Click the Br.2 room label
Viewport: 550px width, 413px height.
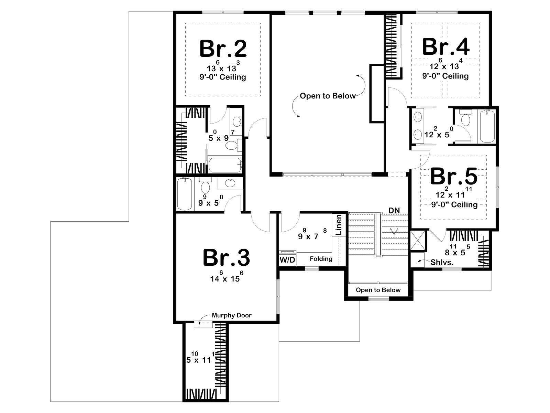click(223, 49)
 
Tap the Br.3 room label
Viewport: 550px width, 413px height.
click(226, 257)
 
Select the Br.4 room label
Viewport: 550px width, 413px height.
click(445, 46)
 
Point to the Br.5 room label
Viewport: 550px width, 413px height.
click(454, 177)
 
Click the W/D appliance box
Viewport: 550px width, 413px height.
click(288, 260)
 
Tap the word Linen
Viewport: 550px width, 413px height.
click(339, 225)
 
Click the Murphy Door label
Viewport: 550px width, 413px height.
click(232, 315)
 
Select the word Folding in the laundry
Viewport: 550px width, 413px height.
click(321, 259)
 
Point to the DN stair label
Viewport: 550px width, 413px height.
click(394, 210)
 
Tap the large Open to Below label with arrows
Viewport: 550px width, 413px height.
click(328, 96)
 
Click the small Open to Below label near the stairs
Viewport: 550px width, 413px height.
click(378, 290)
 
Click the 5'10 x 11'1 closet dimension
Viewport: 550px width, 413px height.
click(200, 358)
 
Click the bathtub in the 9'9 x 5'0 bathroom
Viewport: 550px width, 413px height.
click(185, 194)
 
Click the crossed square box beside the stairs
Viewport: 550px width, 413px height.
click(418, 241)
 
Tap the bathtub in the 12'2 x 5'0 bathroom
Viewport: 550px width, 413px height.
click(487, 126)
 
